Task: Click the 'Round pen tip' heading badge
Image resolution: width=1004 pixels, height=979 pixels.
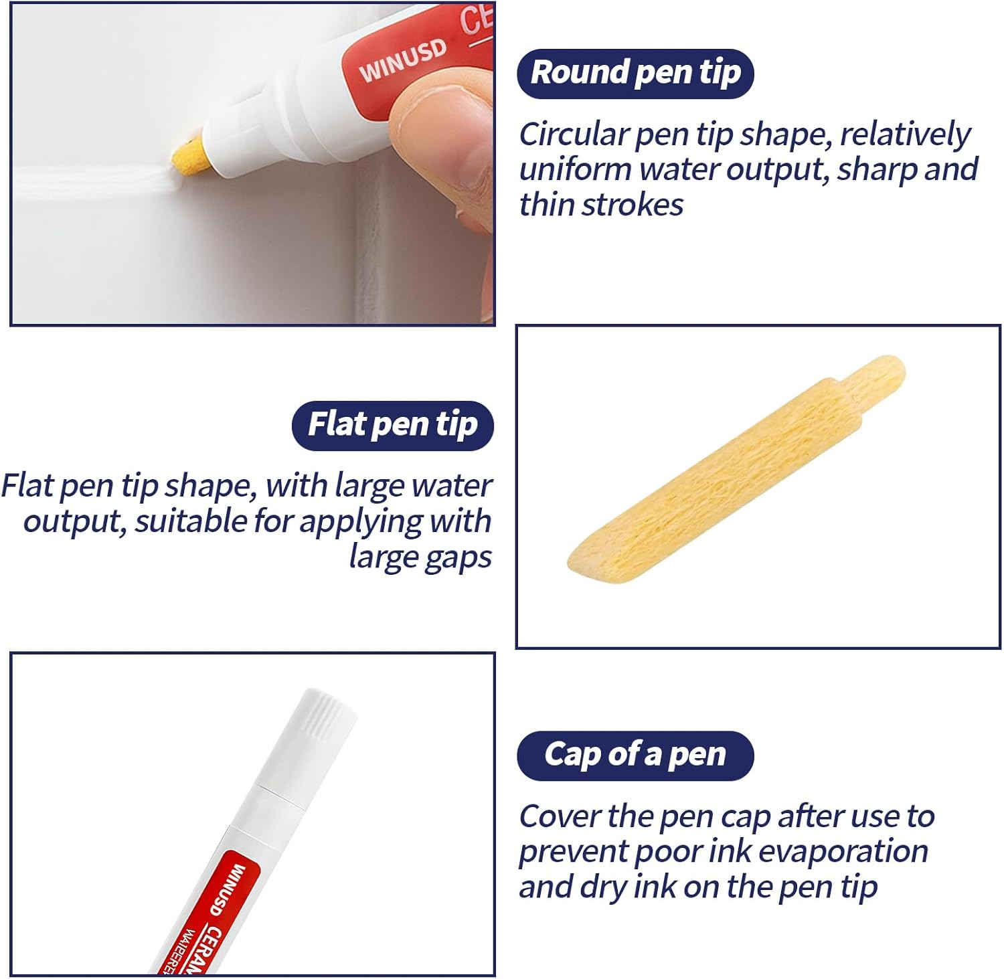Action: (635, 74)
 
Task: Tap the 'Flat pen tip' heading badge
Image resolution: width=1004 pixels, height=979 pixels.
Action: (392, 426)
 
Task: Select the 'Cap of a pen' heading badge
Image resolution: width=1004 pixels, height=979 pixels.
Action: (635, 755)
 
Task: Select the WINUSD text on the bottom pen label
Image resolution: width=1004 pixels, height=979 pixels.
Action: (226, 890)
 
